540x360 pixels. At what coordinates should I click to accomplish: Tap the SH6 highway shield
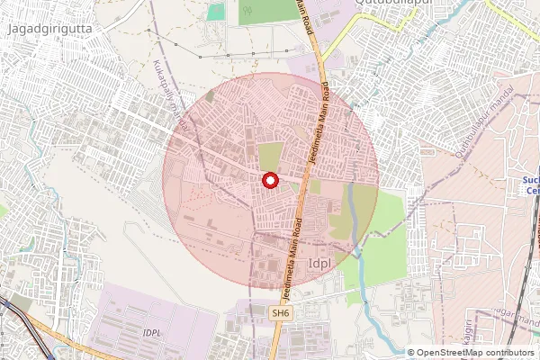282,313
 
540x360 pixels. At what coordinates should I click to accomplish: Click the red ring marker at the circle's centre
269,180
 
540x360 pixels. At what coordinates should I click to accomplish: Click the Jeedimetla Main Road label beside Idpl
292,261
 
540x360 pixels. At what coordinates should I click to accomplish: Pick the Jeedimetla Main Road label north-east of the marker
318,121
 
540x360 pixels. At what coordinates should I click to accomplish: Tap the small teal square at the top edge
216,11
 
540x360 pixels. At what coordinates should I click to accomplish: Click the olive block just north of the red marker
270,156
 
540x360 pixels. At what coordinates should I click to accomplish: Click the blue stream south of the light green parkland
369,306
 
